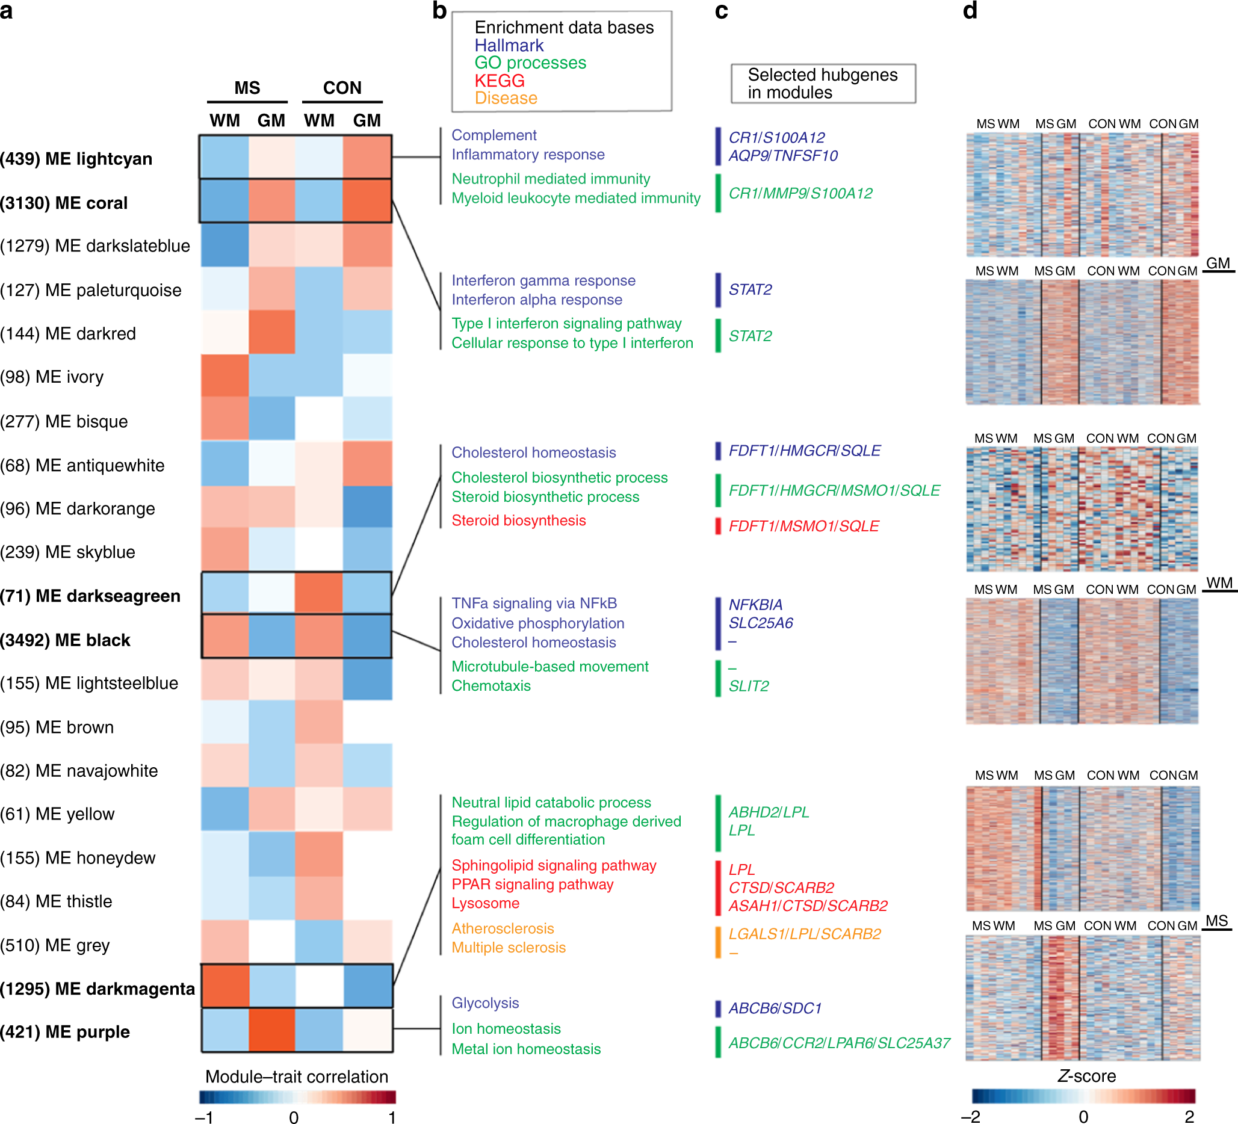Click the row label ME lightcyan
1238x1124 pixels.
pos(76,159)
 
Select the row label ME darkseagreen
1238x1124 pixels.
pos(90,596)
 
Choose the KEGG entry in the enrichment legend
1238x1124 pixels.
pos(500,81)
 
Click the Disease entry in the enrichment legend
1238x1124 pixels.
pos(506,98)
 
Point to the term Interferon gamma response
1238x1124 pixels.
pos(543,280)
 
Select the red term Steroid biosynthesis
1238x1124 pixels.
pos(518,520)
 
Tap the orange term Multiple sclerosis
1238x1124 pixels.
pos(509,947)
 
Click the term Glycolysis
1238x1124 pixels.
pos(485,1003)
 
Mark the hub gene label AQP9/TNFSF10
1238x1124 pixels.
pos(783,156)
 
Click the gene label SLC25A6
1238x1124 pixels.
pos(760,623)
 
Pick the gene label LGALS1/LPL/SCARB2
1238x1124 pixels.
pos(805,934)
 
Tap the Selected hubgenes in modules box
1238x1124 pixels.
pos(822,84)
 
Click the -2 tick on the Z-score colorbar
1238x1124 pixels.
pos(971,1116)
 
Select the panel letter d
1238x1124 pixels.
pos(970,10)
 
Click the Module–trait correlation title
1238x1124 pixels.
pos(297,1076)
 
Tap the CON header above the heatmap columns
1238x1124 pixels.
pos(342,88)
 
